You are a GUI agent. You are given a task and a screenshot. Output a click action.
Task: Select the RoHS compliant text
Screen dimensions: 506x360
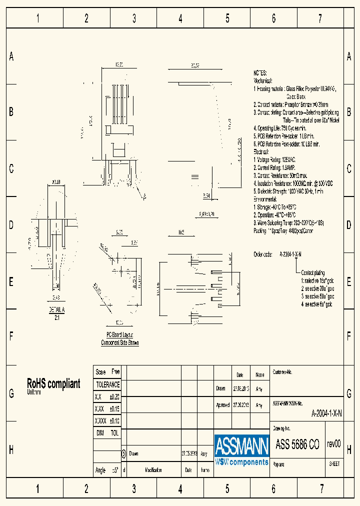coord(53,383)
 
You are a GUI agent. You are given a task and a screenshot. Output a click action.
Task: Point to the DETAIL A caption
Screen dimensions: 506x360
coord(56,310)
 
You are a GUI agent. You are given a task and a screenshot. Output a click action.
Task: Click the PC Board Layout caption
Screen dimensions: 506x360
coord(120,335)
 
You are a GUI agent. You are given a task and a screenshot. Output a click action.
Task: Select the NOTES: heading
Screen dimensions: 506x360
coord(260,73)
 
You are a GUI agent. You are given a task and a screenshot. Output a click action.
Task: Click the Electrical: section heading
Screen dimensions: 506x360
coord(261,151)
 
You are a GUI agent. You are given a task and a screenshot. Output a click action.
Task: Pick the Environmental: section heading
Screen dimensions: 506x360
coord(265,199)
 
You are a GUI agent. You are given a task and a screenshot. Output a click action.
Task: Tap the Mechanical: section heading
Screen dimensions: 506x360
coord(262,80)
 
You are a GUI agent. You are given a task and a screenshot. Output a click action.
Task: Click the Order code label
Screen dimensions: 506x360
coord(262,254)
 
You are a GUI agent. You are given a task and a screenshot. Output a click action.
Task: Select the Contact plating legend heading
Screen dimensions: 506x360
coord(313,273)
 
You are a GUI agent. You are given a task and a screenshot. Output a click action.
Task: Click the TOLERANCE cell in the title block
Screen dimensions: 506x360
coord(107,384)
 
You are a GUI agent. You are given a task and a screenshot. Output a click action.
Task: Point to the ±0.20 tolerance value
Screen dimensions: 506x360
coord(114,396)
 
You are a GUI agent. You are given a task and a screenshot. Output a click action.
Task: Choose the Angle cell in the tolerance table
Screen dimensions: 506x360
coord(100,470)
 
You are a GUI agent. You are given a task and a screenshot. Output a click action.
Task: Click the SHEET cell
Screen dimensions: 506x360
coord(334,463)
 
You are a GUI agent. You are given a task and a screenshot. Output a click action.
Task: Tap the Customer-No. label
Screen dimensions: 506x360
coord(282,372)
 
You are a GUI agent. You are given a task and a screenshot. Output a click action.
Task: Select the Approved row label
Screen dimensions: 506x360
coord(223,405)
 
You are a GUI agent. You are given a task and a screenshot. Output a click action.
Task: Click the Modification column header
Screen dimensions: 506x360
coord(153,470)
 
